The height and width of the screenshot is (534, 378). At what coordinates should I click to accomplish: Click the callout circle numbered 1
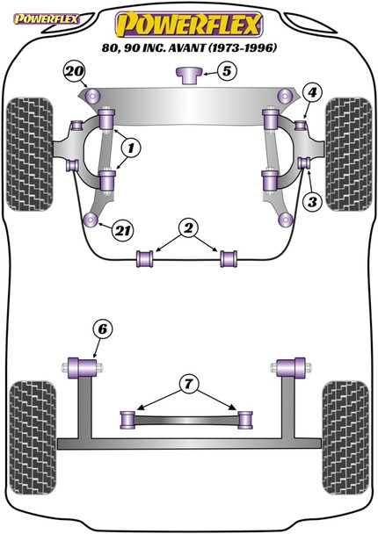tap(128, 146)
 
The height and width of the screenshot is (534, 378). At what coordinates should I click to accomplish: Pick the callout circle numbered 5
tap(227, 72)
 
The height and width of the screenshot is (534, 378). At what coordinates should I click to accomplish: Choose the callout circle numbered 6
tap(103, 329)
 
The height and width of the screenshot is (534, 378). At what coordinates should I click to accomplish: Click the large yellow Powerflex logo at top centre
tap(189, 20)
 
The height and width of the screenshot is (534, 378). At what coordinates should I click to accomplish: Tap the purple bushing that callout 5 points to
tap(188, 75)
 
